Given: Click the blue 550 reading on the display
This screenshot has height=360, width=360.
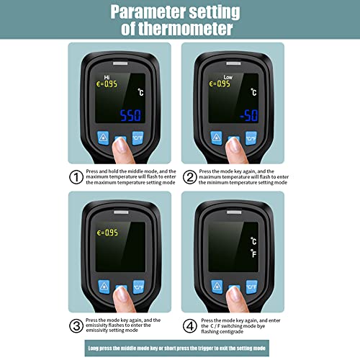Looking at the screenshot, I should [130, 115].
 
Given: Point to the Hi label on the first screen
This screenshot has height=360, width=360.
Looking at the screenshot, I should [107, 74].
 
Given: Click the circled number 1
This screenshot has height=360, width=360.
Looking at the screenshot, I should [76, 176].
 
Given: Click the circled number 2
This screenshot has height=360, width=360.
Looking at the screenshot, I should [190, 176].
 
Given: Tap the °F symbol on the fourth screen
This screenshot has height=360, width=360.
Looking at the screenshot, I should [253, 253].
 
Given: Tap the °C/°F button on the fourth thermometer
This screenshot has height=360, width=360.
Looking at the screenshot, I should [251, 287].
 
